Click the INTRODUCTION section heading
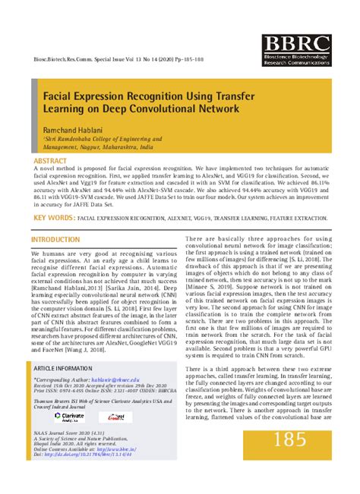pos(55,240)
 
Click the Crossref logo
pos(115,417)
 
